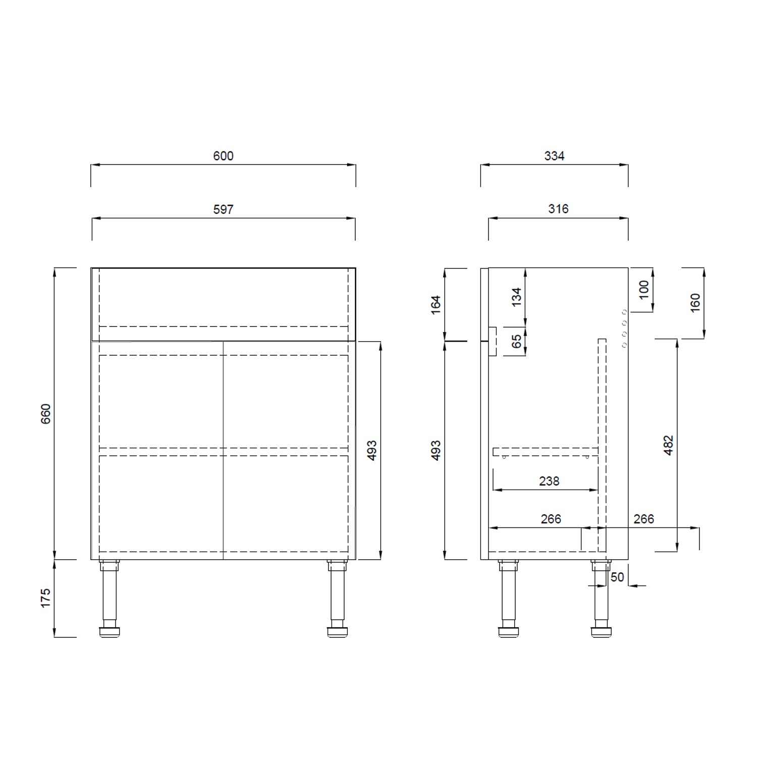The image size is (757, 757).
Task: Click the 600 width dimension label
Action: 223,156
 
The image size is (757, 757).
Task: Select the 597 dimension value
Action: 223,209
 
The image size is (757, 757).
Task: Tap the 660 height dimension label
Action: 46,413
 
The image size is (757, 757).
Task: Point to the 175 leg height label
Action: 46,598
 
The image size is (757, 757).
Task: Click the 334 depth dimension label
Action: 554,156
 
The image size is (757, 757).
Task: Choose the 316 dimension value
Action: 558,209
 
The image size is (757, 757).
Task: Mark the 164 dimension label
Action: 436,304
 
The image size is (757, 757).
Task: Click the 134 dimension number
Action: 516,297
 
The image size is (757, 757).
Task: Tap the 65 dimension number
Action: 516,341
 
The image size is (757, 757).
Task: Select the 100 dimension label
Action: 644,290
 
